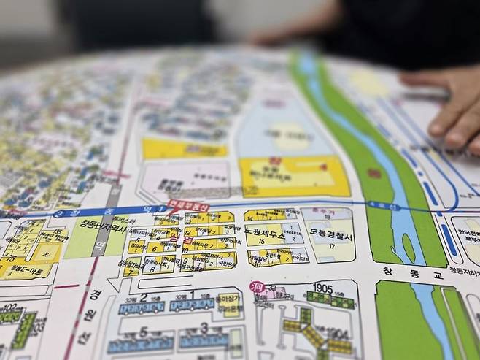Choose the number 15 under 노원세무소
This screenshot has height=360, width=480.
pyautogui.click(x=260, y=240)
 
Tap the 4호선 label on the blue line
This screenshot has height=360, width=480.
pyautogui.click(x=376, y=207)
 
